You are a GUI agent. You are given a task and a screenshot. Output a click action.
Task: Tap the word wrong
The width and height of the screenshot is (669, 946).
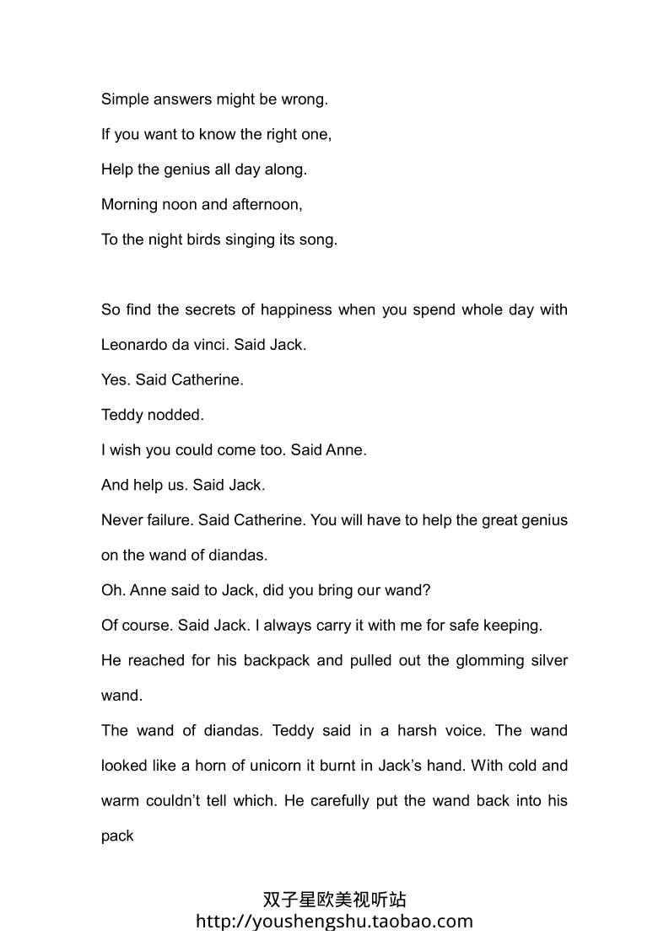[305, 99]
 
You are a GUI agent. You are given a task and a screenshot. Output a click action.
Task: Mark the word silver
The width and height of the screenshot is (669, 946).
[547, 660]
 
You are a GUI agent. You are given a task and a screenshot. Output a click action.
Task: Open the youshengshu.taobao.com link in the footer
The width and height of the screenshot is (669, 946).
[334, 921]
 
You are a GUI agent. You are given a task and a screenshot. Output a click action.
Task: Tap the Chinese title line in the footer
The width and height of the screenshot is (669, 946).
[334, 900]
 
